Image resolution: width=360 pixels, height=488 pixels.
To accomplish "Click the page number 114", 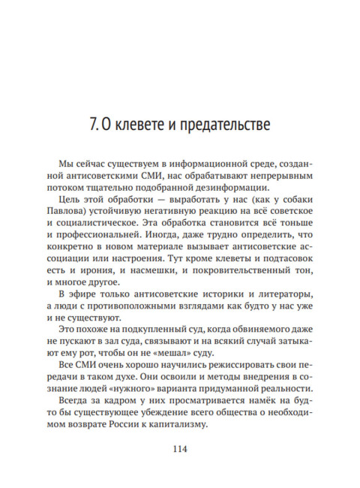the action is pos(180,450).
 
